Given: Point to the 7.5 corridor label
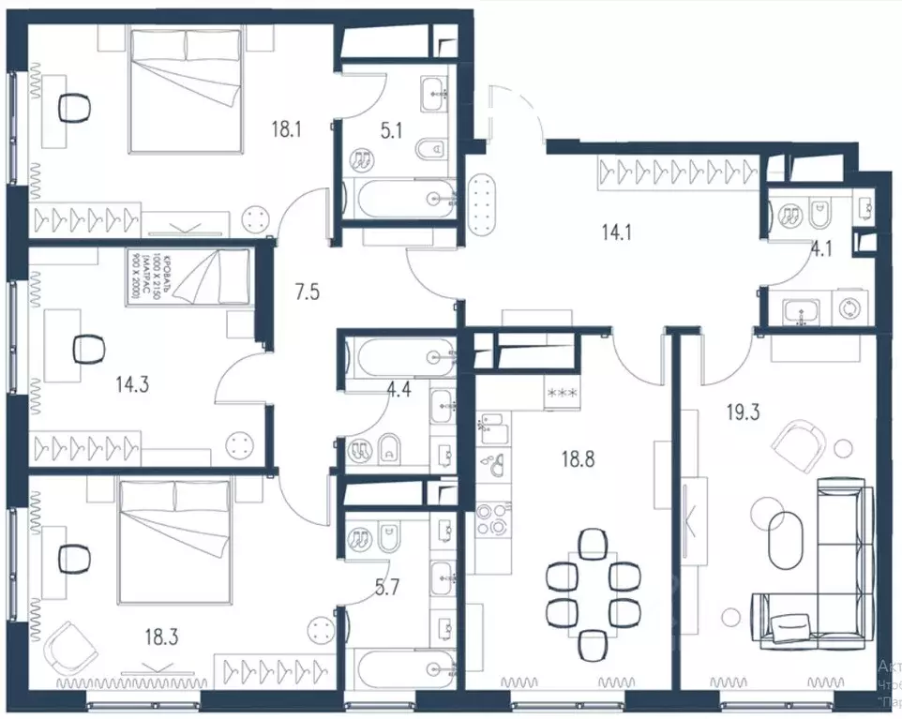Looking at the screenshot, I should coord(307,292).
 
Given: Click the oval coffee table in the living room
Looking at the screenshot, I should coord(786,541).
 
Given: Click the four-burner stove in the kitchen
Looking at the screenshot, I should coord(492,519).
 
